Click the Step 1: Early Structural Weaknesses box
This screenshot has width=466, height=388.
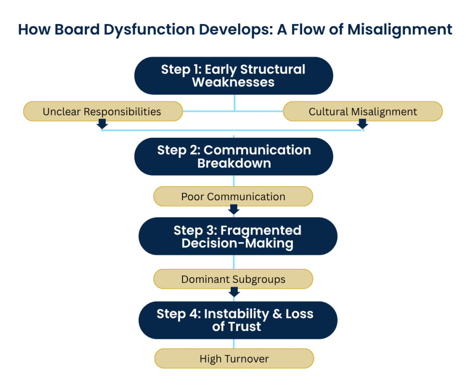pos(233,76)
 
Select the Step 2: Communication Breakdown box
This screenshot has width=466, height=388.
pos(233,156)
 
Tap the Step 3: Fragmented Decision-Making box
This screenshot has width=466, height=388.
pos(238,236)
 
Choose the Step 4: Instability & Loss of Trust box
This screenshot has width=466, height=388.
pos(238,320)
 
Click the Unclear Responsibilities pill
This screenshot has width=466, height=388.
pos(102,111)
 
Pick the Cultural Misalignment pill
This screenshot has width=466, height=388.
pos(363,111)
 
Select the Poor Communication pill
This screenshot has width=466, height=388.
pos(233,197)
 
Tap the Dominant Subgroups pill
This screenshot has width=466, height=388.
pos(233,279)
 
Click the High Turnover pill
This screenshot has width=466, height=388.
pos(234,358)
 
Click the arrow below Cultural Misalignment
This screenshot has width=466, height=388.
pos(362,124)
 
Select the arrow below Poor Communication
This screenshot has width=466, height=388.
pos(233,209)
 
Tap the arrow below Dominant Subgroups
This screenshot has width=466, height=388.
pos(234,292)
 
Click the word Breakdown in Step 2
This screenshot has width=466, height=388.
pos(234,163)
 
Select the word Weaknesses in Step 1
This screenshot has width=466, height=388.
pos(233,82)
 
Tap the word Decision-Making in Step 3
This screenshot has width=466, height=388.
pos(237,243)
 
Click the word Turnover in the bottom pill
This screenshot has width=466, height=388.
pos(247,359)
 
